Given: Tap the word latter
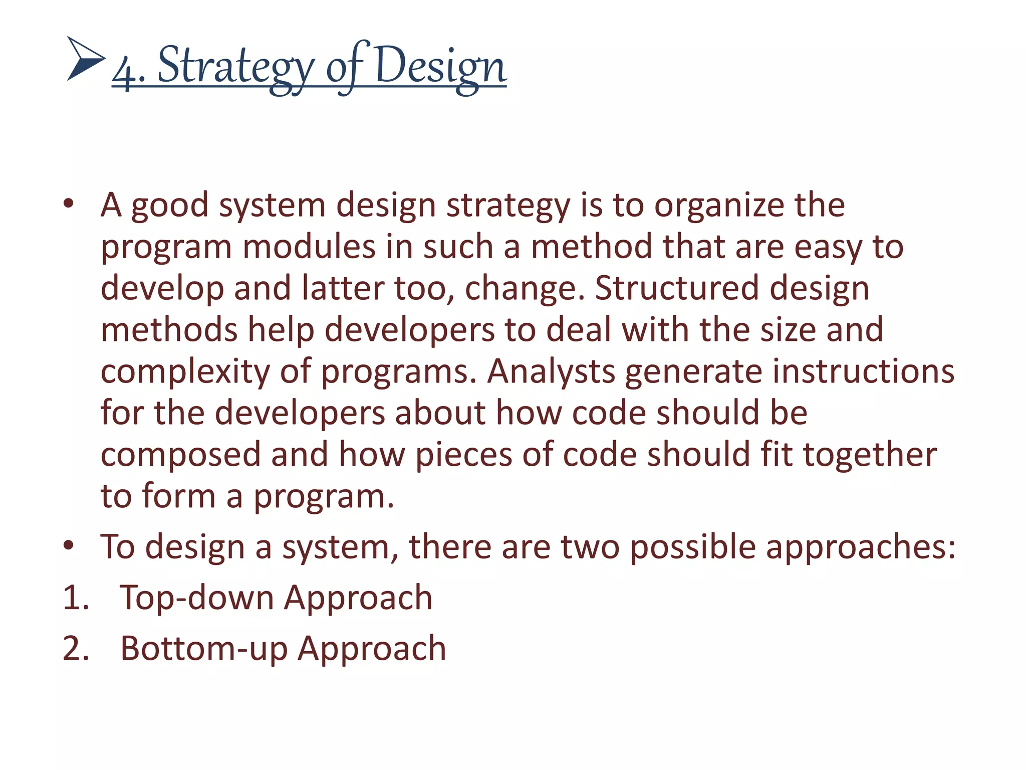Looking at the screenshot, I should (x=343, y=289).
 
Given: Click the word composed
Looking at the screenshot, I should (x=181, y=455).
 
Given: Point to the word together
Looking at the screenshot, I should (x=870, y=455).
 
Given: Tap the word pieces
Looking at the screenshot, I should (x=464, y=455).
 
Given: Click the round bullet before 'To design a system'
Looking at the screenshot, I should (x=69, y=545).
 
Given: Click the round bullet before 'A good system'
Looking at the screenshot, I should (x=69, y=204).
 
